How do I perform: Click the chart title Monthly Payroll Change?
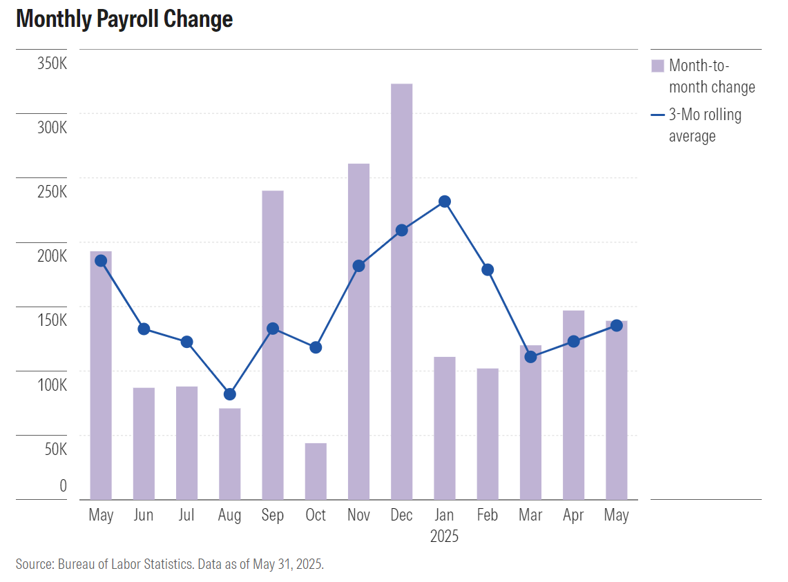tap(124, 19)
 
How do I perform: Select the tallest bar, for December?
tap(401, 290)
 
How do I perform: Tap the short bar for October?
tap(316, 471)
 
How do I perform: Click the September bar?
tap(273, 345)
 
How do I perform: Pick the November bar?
tap(358, 331)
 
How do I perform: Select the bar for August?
tap(230, 454)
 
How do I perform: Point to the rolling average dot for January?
tap(445, 202)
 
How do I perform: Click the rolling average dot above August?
tap(230, 394)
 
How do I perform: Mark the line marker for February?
tap(488, 270)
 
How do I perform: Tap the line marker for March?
tap(530, 357)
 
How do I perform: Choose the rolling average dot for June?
tap(144, 329)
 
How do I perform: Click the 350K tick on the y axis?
tap(52, 64)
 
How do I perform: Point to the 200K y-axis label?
tap(52, 257)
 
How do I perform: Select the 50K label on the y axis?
tap(54, 449)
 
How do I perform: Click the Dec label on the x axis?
tap(401, 516)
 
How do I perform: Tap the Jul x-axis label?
tap(186, 516)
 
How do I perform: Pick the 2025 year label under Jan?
tap(444, 536)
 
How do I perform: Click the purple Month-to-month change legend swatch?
tap(657, 66)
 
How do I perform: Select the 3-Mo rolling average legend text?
tap(705, 126)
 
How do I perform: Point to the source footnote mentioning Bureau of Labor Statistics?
tap(170, 564)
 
